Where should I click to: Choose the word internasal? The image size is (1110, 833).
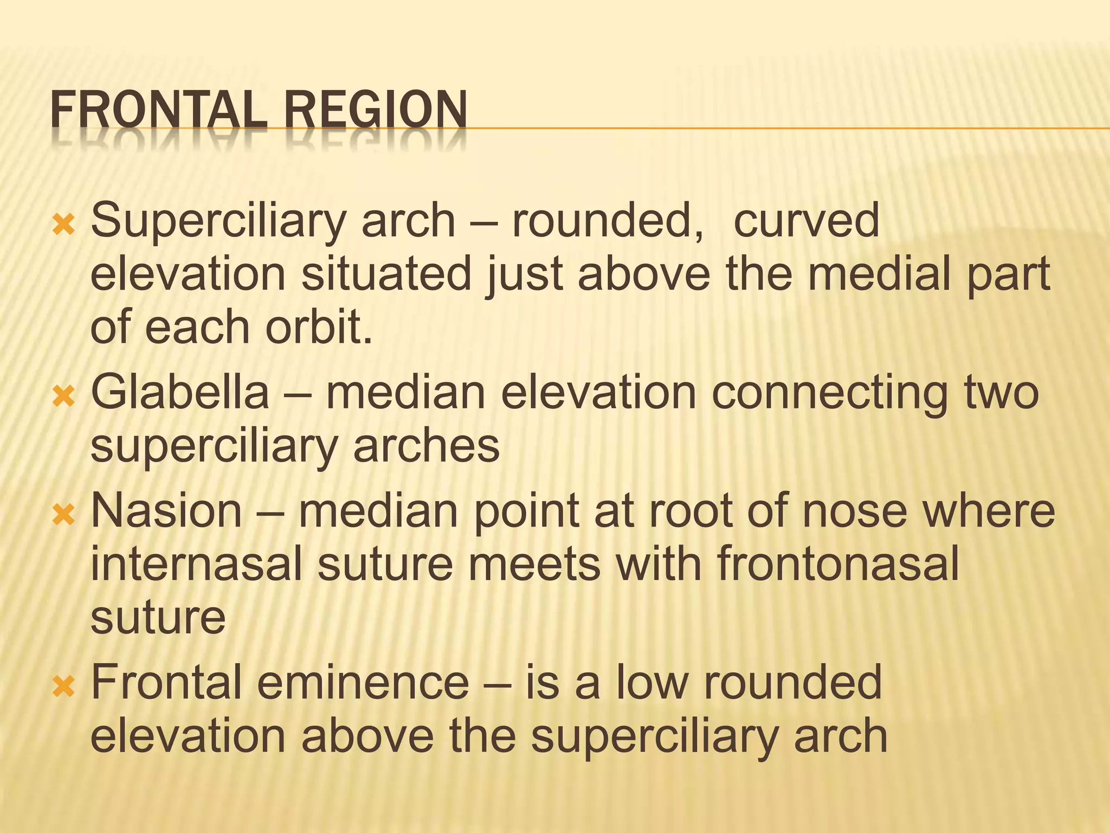pyautogui.click(x=196, y=564)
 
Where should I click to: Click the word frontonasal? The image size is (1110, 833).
pyautogui.click(x=838, y=564)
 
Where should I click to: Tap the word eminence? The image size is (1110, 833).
pyautogui.click(x=363, y=682)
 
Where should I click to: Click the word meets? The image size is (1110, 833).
pyautogui.click(x=534, y=564)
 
